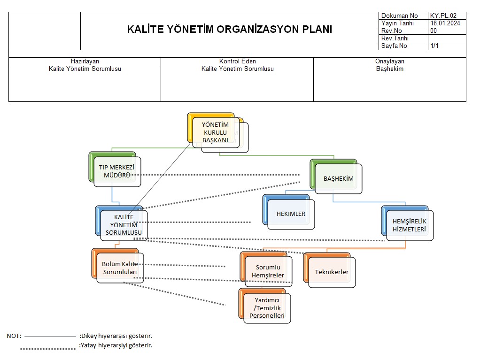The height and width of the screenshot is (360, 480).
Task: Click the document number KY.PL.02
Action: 443,15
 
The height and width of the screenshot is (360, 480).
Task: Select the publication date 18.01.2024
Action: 445,23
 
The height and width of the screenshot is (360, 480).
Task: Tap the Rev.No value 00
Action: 434,31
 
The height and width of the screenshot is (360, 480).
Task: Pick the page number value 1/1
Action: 434,46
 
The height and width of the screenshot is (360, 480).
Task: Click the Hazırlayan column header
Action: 85,61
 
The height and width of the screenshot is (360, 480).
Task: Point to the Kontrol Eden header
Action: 238,61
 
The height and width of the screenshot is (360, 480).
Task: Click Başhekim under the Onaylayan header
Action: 390,69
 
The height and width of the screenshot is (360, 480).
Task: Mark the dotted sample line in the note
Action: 48,349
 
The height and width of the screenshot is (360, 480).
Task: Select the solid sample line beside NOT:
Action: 50,337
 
